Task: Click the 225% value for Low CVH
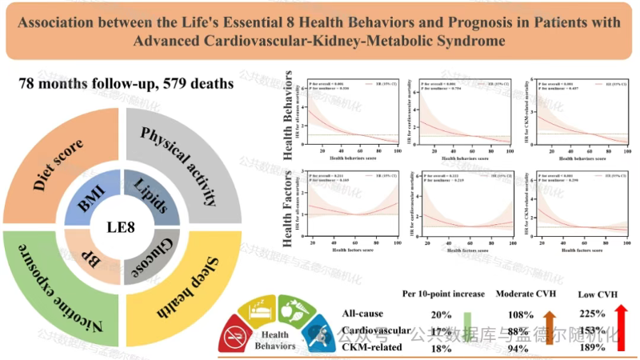coord(591,314)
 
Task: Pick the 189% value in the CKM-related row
coord(591,346)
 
